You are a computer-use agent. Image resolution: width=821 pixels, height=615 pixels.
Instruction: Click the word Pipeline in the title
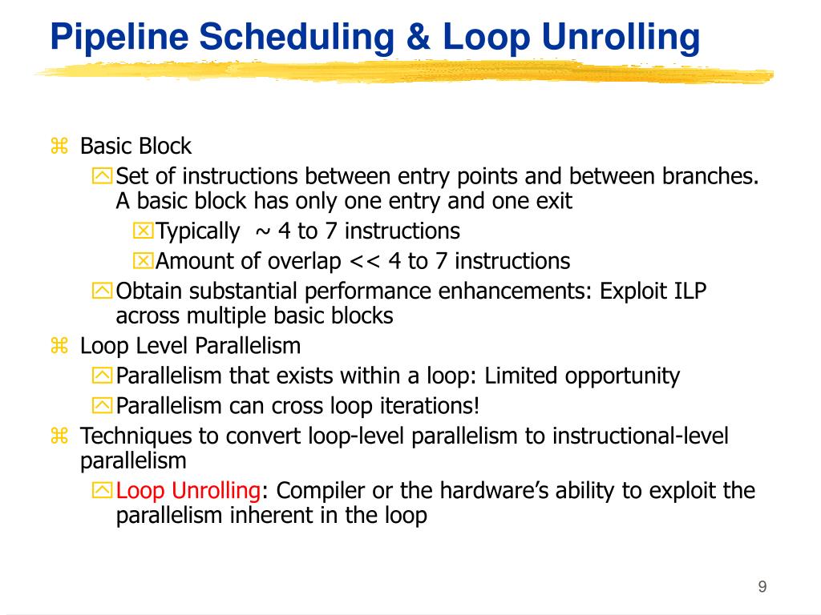pos(119,38)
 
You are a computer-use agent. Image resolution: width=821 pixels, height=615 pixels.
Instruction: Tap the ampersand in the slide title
pos(418,37)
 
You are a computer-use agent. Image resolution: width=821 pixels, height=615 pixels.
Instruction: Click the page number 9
pos(762,586)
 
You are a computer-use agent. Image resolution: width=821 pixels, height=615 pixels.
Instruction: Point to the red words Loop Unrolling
pos(188,491)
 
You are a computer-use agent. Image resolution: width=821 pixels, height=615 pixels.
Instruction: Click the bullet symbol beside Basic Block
pos(59,146)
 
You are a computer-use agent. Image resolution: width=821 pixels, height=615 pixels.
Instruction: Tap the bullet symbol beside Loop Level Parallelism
pos(59,346)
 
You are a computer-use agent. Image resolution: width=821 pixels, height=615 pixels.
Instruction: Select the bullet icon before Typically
pos(143,231)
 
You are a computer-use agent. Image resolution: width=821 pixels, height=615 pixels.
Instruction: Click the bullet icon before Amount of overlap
pos(143,260)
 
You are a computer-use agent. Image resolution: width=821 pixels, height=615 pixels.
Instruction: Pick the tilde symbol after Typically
pos(263,231)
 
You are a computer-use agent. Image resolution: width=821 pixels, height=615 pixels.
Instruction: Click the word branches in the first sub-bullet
pos(710,176)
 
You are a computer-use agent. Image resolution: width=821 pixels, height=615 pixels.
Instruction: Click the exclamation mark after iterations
pos(476,406)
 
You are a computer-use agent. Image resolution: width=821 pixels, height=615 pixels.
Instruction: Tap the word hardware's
pos(494,491)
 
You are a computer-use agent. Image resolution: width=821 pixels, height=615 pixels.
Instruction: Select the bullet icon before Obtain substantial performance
pos(102,291)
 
